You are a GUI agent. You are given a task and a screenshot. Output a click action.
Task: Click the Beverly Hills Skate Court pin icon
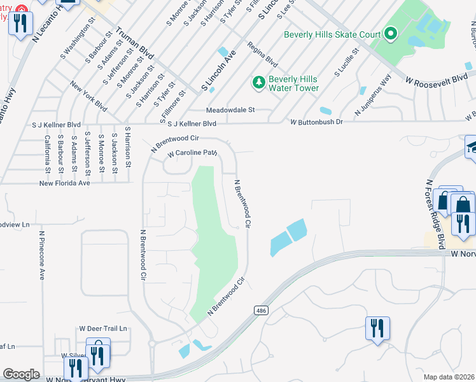pos(391,34)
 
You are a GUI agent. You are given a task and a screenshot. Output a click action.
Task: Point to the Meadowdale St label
pos(230,110)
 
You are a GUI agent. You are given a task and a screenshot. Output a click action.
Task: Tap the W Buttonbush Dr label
pos(316,122)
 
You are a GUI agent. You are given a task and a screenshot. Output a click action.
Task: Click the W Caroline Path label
pos(193,153)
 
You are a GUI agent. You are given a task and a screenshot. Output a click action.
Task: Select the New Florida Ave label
pos(64,183)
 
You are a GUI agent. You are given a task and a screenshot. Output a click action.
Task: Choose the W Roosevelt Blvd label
pos(437,80)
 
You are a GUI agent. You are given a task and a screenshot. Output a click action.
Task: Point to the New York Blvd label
pos(88,95)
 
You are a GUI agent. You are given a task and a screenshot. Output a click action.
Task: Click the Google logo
pos(21,374)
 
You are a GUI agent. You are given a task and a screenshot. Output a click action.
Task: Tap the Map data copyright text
pos(449,377)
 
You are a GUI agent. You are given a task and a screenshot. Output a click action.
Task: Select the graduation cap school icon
pos(472,148)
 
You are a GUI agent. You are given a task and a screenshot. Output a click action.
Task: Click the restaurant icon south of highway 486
pos(377,329)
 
